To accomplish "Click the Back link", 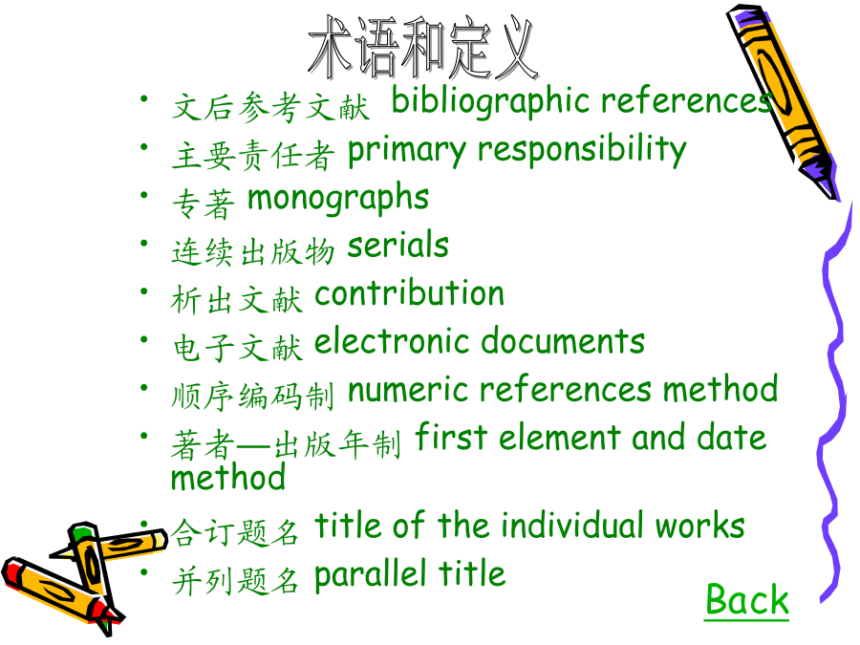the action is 746,599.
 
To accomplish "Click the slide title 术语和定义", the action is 423,47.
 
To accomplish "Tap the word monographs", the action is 338,199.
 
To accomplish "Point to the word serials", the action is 398,245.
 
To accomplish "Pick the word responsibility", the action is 582,150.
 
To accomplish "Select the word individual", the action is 573,526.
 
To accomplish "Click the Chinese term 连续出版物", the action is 253,252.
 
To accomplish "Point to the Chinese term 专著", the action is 204,204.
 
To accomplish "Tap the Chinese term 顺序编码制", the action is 253,396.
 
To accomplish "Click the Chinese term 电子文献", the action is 238,348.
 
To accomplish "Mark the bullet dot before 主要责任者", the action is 144,147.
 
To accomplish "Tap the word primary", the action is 407,150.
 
